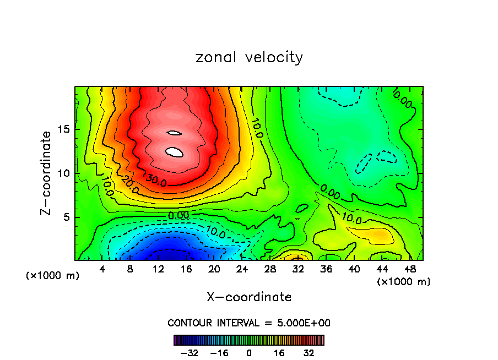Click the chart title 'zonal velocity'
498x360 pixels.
(249, 57)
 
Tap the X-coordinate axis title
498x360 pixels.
(249, 297)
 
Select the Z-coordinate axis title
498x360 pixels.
(47, 173)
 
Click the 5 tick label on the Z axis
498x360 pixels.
(65, 217)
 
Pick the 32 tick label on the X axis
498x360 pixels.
(298, 269)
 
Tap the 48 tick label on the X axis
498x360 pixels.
(410, 269)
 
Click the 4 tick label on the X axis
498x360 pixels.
(102, 269)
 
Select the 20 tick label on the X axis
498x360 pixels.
(214, 269)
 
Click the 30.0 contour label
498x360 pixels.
(156, 178)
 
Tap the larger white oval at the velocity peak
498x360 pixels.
(174, 152)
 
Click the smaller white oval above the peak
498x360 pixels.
(174, 133)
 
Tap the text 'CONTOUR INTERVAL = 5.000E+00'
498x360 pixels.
(249, 323)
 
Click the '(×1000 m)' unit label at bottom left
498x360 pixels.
(53, 276)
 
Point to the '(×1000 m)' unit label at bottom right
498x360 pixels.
(403, 282)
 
